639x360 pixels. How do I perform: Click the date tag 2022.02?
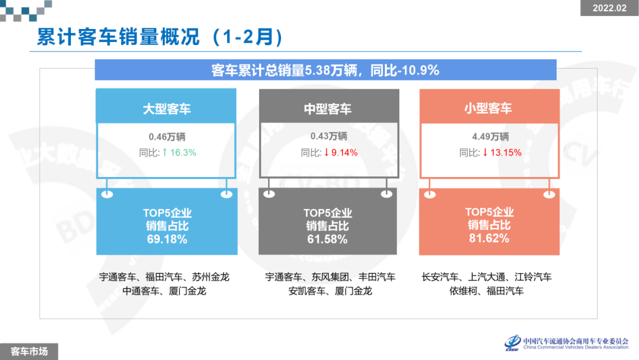(x=609, y=8)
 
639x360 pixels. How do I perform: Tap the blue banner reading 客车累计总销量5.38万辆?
(x=325, y=70)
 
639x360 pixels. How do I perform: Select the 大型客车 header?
(x=166, y=108)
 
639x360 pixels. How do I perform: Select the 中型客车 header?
(x=328, y=108)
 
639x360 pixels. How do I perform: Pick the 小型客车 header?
(x=488, y=108)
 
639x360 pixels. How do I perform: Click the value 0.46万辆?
(x=167, y=137)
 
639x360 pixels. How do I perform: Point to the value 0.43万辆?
(x=328, y=137)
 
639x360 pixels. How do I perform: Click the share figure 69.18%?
(x=167, y=239)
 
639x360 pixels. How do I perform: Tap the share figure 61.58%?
(x=328, y=239)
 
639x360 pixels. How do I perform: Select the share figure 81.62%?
(x=489, y=239)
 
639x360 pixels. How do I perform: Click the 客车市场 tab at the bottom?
(x=29, y=351)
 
